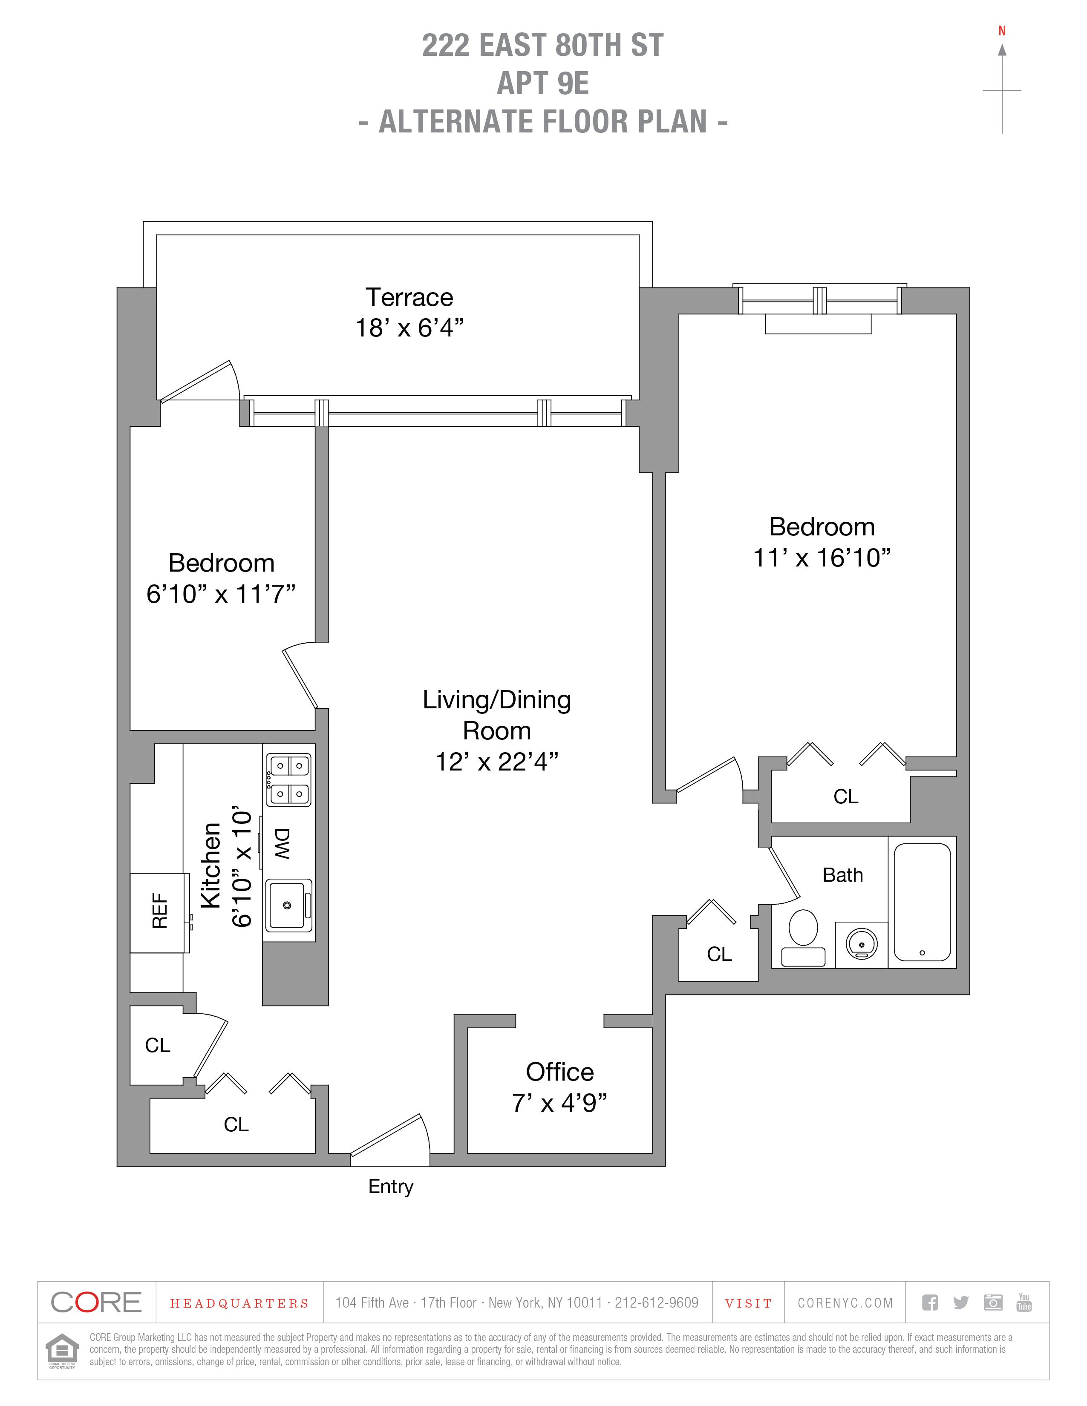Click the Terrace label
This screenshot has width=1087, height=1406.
(409, 297)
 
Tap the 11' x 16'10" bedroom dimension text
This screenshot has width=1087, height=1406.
(822, 558)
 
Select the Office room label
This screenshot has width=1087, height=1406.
(559, 1072)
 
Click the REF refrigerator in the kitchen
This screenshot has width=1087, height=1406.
(159, 911)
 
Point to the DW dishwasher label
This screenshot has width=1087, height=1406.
(283, 843)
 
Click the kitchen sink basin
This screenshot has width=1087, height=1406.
(287, 905)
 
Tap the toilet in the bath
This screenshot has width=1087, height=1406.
(803, 936)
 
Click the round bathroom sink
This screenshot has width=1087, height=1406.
(862, 944)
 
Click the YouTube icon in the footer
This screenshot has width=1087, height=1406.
(1024, 1302)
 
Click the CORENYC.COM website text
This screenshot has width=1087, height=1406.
(845, 1303)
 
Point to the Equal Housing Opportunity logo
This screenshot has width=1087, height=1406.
(62, 1350)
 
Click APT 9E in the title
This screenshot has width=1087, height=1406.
(543, 83)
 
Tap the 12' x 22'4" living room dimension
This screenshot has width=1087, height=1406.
(496, 762)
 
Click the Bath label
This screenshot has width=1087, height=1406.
(842, 875)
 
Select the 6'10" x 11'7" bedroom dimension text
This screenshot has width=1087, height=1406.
(221, 594)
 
